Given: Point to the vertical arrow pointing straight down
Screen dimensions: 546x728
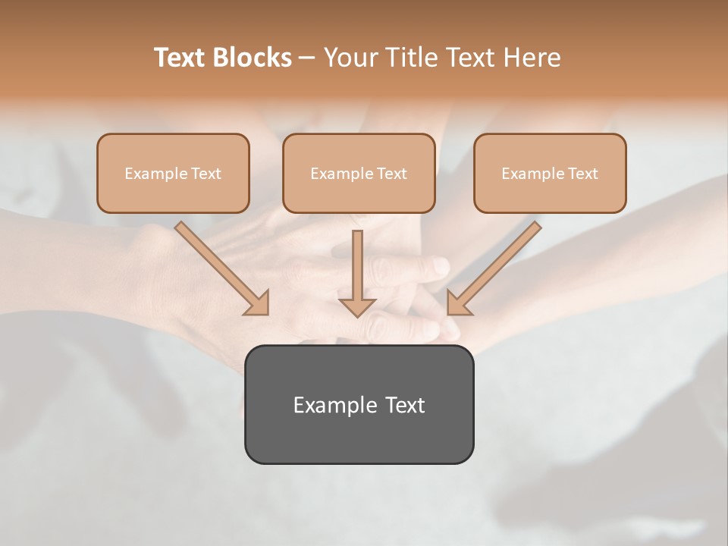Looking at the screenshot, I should point(357,265).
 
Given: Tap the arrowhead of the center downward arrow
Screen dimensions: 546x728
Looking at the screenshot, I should point(357,306).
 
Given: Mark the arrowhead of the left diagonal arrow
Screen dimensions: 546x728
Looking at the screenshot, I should point(258,303).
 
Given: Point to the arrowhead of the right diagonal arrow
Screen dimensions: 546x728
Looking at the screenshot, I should point(457,303).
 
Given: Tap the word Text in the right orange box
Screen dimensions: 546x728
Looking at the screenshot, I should point(582,174).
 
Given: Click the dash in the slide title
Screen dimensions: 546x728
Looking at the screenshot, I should point(307,58).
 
